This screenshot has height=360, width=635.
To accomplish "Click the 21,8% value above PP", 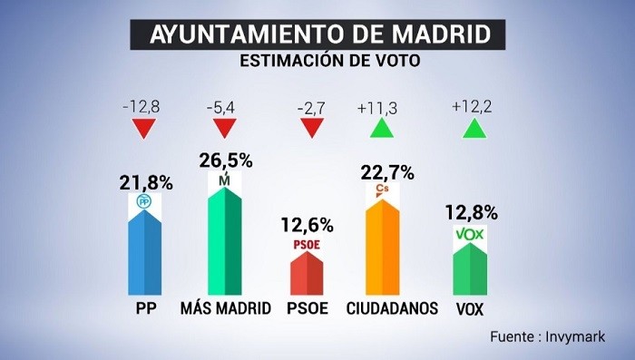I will tap(145, 182).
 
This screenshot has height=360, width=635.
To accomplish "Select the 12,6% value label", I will tap(308, 224).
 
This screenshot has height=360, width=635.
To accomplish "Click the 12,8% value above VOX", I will tap(472, 213).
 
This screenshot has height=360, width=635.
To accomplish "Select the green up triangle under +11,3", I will tap(383, 129).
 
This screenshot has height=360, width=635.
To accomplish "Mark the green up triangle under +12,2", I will tap(473, 129).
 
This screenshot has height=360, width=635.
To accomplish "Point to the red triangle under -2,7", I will tap(312, 129).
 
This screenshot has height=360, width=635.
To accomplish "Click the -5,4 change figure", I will tap(223, 107).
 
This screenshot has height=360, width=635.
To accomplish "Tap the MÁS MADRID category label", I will tap(226, 308).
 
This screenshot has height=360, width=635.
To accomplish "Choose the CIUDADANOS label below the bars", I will tap(393, 308).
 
